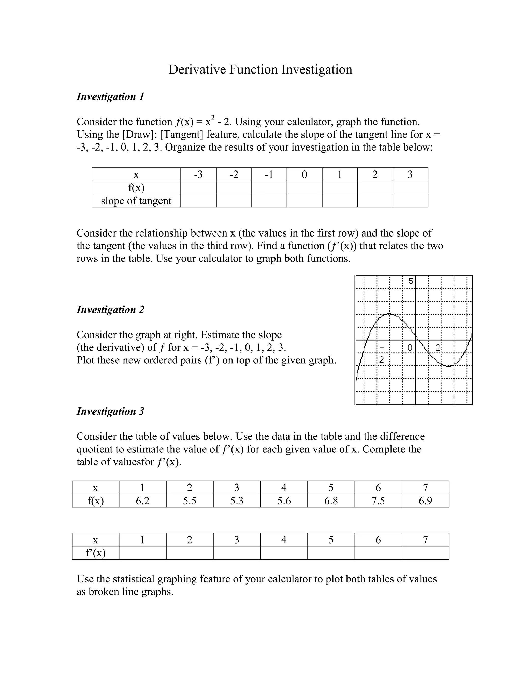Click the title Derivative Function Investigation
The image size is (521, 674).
pos(260,69)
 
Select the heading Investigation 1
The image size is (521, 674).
pos(110,97)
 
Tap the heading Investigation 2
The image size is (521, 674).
pos(110,310)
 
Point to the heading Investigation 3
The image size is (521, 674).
pos(110,411)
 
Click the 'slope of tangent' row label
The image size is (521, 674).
pos(136,201)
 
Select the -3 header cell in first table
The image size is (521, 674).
pos(198,175)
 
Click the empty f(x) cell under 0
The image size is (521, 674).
pos(304,188)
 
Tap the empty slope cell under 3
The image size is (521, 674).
pos(410,201)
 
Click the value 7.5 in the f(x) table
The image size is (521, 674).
pos(378,501)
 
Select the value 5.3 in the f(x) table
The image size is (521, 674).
pos(237,501)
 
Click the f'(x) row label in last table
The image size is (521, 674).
pos(95,553)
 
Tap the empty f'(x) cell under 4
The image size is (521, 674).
pos(284,553)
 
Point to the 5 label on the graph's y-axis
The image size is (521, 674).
pos(411,281)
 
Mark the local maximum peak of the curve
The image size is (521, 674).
pos(389,314)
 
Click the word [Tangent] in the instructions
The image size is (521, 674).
pos(182,135)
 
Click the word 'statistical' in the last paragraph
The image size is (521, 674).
pos(134,579)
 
